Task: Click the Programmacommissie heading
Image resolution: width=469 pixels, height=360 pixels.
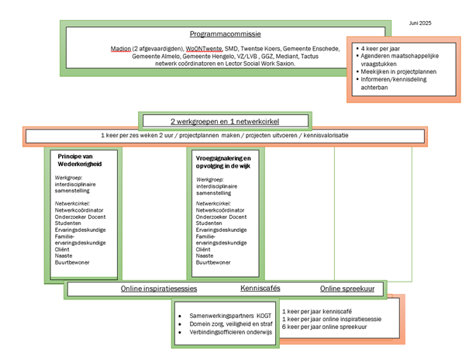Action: pos(226,34)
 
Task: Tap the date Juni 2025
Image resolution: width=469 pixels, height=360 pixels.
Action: pos(420,23)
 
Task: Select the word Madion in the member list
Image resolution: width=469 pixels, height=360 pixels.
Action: pos(121,48)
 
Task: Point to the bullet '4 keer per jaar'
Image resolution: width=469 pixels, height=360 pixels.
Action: pos(380,48)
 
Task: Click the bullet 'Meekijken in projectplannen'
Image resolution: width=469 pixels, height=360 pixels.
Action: pos(398,71)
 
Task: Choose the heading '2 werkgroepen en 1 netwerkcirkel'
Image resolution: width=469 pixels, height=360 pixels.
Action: pos(225,122)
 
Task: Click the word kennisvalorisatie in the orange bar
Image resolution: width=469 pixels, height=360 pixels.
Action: pos(326,135)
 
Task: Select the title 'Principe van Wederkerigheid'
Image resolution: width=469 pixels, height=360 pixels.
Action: pos(80,160)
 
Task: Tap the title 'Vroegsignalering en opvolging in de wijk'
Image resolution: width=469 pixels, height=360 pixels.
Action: pos(223,162)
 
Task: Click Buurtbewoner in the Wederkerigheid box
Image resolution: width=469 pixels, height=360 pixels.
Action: pos(72,262)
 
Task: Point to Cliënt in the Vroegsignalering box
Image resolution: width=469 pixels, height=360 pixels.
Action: pos(203,249)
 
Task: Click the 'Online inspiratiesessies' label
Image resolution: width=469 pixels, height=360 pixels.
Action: pos(159,289)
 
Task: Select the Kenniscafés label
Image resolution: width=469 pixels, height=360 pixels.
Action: pos(260,288)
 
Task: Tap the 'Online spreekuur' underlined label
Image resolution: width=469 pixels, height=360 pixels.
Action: pos(347,289)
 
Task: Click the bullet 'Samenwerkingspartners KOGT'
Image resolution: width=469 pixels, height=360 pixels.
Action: pos(230,316)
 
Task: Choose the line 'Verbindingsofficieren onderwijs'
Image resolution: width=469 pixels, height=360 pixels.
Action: pos(230,332)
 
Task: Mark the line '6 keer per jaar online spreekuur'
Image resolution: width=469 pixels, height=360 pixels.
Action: pos(324,327)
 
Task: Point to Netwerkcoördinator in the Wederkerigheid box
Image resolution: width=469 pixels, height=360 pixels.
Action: pos(79,210)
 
